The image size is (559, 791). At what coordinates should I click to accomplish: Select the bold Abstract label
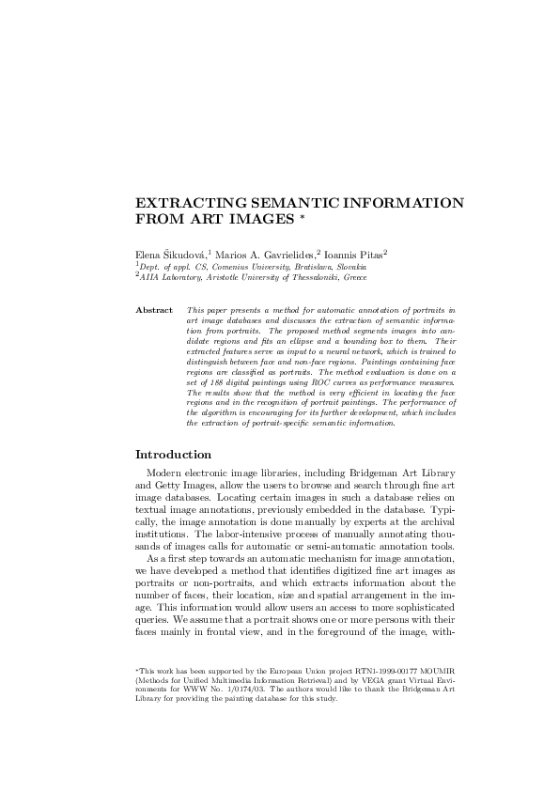pos(154,309)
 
